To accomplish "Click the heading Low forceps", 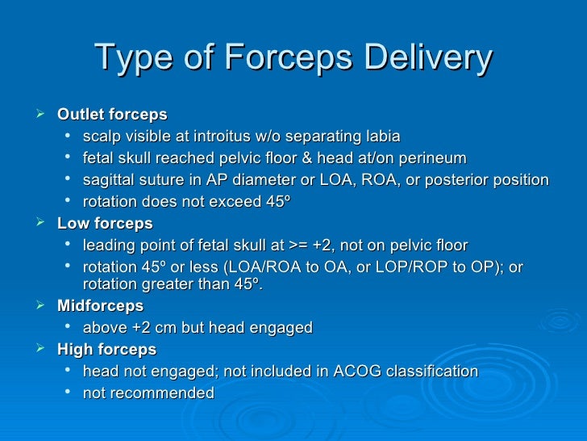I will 105,224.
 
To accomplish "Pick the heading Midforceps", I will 101,306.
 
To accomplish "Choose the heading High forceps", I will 107,350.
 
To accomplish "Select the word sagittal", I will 109,179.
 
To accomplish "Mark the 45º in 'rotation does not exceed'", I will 278,201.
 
